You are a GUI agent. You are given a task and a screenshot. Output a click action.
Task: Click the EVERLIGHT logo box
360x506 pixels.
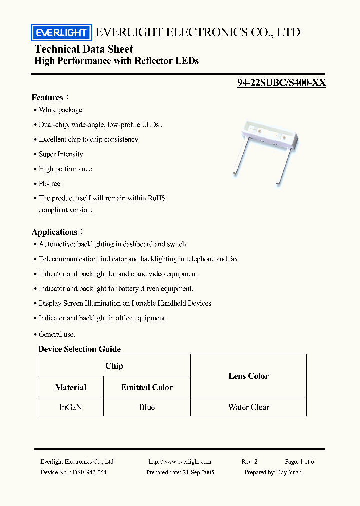click(61, 33)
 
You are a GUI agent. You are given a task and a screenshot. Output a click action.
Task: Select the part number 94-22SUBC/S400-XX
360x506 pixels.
click(281, 83)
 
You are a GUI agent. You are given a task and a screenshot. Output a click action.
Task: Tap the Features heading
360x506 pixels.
click(48, 97)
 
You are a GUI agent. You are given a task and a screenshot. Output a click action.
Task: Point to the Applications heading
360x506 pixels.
click(55, 232)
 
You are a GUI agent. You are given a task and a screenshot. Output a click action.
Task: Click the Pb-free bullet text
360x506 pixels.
click(49, 184)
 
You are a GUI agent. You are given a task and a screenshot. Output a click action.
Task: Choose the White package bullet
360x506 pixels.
click(61, 110)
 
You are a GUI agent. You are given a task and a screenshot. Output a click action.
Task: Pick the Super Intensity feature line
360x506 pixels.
click(61, 154)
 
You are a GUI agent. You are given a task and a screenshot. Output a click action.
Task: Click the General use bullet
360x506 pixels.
click(57, 334)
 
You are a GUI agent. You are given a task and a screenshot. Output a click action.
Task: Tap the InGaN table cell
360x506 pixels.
click(70, 407)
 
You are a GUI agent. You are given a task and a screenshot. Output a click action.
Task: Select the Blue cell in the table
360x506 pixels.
click(147, 407)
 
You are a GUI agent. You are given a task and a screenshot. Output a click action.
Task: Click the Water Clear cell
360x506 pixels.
click(248, 407)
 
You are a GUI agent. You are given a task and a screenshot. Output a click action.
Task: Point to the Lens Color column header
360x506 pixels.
click(248, 376)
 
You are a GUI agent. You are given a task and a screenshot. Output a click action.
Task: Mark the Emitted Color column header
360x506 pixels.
click(147, 387)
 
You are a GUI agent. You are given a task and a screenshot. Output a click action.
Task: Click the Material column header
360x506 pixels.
click(70, 387)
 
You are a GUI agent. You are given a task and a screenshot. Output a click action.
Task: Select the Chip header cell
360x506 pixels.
click(114, 366)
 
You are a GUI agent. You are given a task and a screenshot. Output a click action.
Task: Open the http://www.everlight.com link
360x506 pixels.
click(180, 462)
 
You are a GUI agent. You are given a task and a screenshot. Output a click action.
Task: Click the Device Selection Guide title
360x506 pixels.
click(79, 349)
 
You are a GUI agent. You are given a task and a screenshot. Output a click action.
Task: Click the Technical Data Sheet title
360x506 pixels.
click(84, 49)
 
